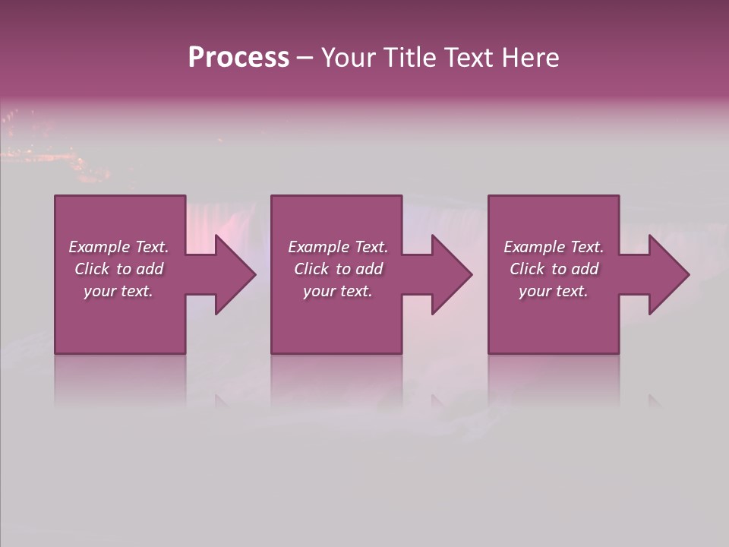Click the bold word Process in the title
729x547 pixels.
pyautogui.click(x=238, y=58)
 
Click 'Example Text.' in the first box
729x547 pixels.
pyautogui.click(x=118, y=247)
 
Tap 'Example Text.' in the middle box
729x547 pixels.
pyautogui.click(x=338, y=247)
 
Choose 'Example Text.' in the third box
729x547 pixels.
pyautogui.click(x=554, y=247)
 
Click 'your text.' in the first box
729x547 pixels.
pyautogui.click(x=118, y=291)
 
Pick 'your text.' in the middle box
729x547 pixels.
pyautogui.click(x=338, y=291)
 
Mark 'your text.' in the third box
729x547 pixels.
pyautogui.click(x=554, y=291)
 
